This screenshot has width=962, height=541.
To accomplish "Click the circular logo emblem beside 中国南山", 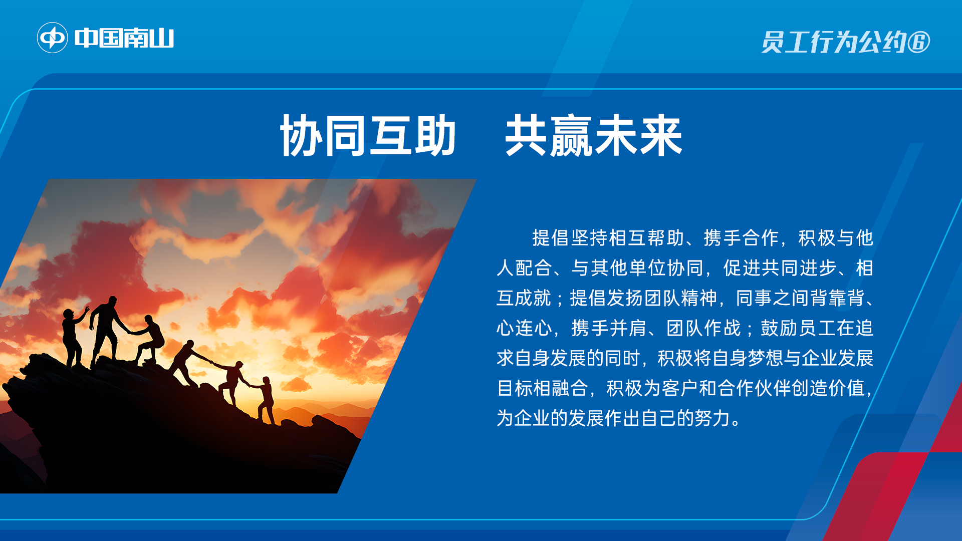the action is (53, 38).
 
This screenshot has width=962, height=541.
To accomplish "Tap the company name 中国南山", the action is (124, 38).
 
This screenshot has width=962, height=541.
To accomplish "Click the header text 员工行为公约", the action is (834, 42).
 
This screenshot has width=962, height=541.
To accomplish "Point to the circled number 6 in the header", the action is (919, 42).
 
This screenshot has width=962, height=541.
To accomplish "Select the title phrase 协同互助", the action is (368, 135).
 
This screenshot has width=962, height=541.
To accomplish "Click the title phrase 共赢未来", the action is (593, 135).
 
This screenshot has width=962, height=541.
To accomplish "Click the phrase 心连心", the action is (524, 328).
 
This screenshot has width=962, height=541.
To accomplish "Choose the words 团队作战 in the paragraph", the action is (703, 328).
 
